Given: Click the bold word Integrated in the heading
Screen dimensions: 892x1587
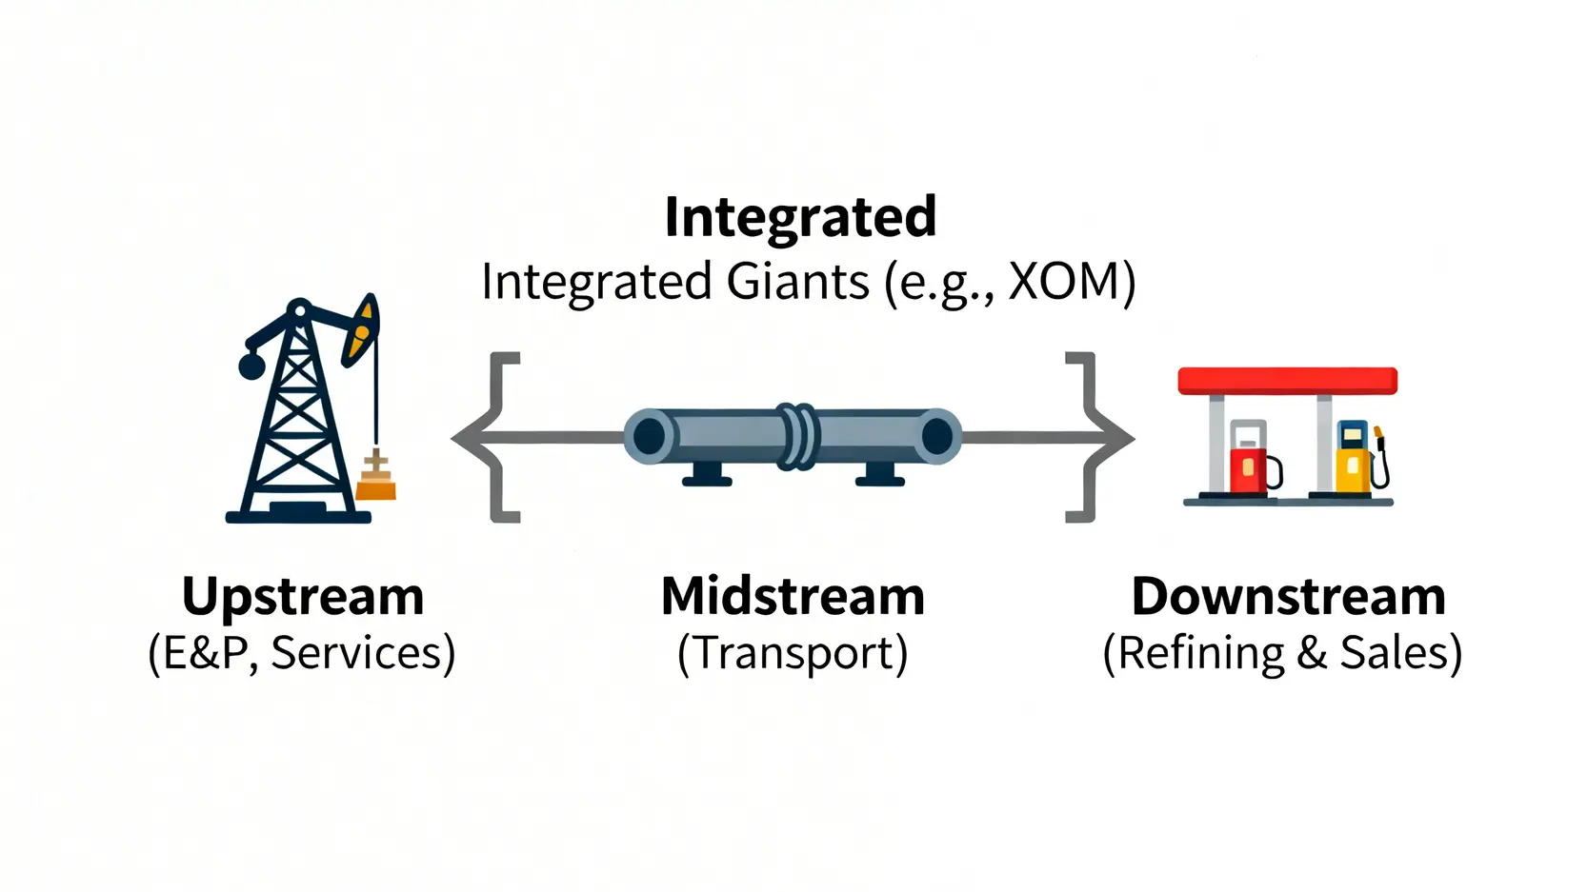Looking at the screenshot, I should [800, 218].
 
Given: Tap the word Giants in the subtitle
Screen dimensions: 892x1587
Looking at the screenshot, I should [797, 283].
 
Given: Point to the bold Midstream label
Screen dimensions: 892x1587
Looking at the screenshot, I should [793, 597].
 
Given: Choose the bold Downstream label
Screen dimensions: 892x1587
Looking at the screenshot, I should [1288, 597].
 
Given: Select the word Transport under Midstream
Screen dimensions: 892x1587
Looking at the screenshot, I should [793, 654].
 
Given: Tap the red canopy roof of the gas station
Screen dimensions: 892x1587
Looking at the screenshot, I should [1287, 381].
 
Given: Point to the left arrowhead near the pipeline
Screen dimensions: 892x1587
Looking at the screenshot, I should [467, 438].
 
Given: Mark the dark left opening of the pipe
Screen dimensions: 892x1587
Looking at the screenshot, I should [650, 437].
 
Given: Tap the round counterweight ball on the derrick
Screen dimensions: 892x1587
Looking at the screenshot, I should [251, 366].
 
